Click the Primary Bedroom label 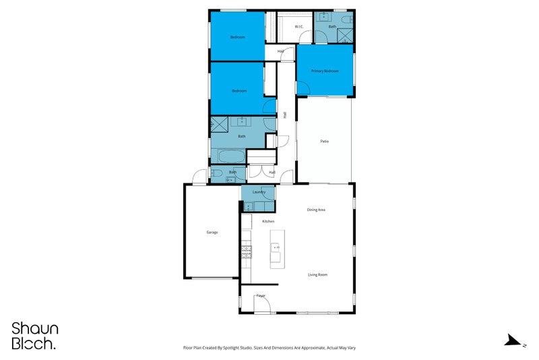[325, 71]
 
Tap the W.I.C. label [299, 27]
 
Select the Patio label [324, 142]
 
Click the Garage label [212, 233]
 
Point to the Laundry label [259, 192]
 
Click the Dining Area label [317, 210]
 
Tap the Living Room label [317, 275]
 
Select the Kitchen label [267, 222]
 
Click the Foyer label [261, 295]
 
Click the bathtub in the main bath [227, 156]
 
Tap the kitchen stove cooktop [247, 252]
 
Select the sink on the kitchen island [276, 248]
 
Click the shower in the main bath [220, 125]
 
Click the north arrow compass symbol [512, 340]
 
